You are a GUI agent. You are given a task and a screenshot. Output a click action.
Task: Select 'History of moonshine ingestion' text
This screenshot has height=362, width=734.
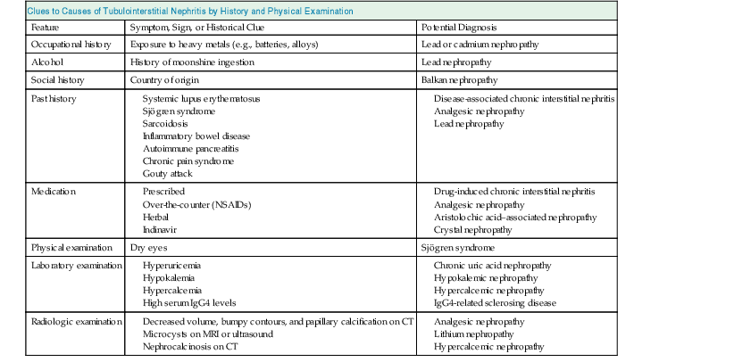pyautogui.click(x=193, y=62)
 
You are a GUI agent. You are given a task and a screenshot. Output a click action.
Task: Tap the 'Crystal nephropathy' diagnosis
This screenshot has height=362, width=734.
pyautogui.click(x=480, y=229)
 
